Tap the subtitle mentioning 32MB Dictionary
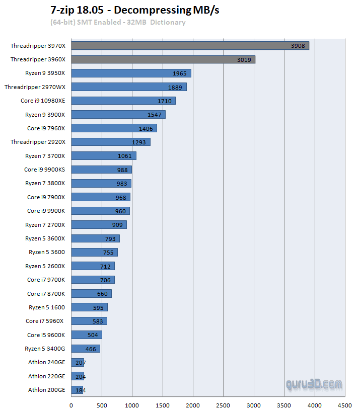tap(118, 22)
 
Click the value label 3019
tap(244, 60)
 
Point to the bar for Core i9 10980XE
tap(123, 101)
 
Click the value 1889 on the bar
tap(176, 88)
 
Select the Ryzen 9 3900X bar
tap(118, 115)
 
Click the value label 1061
tap(124, 156)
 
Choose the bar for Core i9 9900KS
tap(101, 170)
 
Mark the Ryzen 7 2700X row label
tap(45, 224)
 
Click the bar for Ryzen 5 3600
tap(94, 252)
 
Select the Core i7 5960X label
tap(45, 321)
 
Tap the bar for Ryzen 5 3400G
tap(86, 349)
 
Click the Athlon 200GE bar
tap(77, 390)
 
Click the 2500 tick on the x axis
tap(223, 405)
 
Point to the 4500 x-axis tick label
tap(344, 405)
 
